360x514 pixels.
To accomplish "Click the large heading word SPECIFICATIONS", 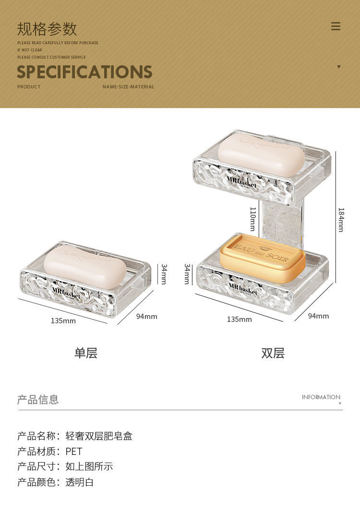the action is [x=84, y=72].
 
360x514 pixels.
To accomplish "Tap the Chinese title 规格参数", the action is [x=47, y=29].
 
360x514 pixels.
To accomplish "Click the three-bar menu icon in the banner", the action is [x=336, y=26].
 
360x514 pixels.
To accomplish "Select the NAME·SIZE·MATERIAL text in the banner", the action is [x=128, y=87].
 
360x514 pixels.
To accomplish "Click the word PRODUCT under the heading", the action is [x=29, y=87].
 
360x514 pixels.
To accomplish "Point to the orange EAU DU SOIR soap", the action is [x=263, y=258].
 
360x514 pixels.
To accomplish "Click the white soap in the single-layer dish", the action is [x=78, y=267].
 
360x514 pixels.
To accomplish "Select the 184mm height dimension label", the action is [x=341, y=220].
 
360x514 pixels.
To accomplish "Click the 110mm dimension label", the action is [x=253, y=219].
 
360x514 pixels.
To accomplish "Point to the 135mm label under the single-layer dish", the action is [x=63, y=320].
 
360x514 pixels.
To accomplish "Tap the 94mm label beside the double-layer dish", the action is [x=318, y=316].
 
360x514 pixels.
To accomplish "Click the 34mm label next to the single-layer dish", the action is [x=164, y=274].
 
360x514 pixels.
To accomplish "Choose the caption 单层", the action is [x=86, y=353].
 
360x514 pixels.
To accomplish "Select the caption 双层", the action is [x=273, y=353].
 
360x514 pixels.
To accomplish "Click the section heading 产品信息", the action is [x=38, y=400].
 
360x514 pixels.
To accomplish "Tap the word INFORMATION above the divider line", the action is [x=321, y=397].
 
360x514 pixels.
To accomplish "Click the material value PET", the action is [x=74, y=452].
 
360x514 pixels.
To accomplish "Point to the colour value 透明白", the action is [x=80, y=482].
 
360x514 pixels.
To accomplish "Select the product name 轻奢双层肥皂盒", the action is [x=99, y=436].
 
